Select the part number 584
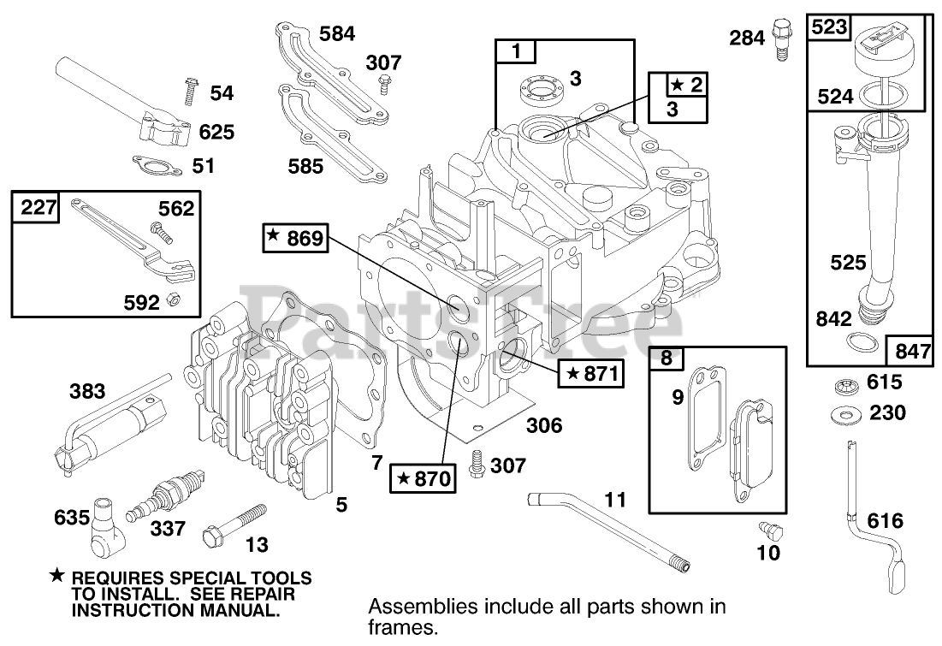(x=336, y=34)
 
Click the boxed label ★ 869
(x=295, y=239)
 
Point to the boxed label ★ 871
(x=589, y=373)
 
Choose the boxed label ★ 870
(x=424, y=478)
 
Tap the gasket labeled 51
(x=157, y=163)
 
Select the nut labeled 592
(x=172, y=300)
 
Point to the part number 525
(x=848, y=262)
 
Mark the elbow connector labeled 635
(x=105, y=523)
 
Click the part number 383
(x=87, y=393)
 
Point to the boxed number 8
(x=666, y=359)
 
